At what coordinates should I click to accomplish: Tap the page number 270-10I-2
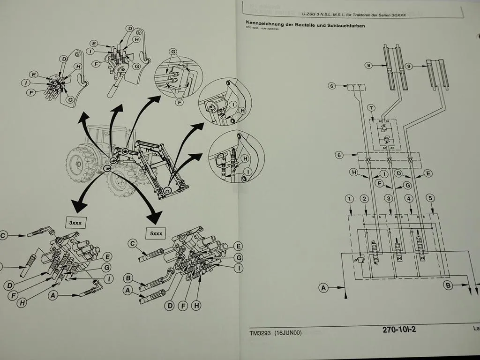[399, 329]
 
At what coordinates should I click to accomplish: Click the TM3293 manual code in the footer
[260, 333]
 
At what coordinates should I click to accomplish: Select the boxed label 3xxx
[75, 223]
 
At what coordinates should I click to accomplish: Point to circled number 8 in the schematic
[369, 66]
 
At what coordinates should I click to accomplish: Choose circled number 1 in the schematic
[349, 199]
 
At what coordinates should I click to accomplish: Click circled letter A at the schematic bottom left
[323, 288]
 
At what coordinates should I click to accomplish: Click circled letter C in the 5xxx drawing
[133, 243]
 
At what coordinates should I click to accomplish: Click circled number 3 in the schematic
[388, 199]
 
